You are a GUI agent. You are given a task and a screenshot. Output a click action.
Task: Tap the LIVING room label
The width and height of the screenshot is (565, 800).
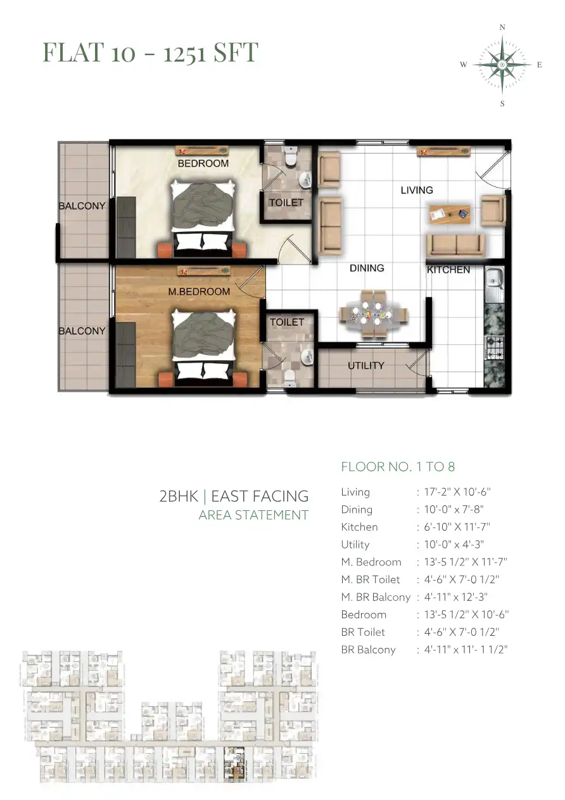[x=417, y=190]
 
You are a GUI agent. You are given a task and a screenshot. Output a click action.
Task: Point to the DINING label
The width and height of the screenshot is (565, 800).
[x=367, y=268]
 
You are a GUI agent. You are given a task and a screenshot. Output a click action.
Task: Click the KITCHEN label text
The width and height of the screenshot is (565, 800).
[x=448, y=269]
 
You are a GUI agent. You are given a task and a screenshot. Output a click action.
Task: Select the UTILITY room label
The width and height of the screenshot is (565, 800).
[x=366, y=365]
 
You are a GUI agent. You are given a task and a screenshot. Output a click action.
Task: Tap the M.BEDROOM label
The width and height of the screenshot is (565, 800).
[x=199, y=292]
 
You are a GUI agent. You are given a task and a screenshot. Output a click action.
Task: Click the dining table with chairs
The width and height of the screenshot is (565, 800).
[x=373, y=314]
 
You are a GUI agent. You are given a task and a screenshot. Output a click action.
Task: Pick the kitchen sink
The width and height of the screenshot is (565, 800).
[x=494, y=285]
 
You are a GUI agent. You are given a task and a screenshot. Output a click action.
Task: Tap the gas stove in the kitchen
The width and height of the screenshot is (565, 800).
[x=494, y=347]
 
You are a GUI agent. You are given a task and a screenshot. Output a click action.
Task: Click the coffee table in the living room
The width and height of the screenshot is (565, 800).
[x=450, y=214]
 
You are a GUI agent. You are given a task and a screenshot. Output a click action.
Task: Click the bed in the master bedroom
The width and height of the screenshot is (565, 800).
[x=203, y=347]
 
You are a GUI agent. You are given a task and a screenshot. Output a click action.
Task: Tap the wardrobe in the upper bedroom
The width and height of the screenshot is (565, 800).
[x=126, y=226]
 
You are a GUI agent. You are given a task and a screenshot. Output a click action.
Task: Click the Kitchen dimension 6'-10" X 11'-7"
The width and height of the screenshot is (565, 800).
[x=457, y=527]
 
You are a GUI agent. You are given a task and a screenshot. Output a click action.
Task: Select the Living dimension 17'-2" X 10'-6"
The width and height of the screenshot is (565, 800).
[x=457, y=492]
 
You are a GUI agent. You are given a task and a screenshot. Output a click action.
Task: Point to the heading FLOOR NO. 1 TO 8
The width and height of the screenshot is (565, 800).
[x=398, y=467]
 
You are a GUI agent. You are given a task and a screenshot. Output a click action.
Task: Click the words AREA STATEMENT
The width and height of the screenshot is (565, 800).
[x=253, y=515]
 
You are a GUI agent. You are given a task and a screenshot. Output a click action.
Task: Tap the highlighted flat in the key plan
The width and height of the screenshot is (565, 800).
[x=234, y=763]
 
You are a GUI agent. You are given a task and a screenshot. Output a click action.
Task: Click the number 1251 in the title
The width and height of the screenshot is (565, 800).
[x=184, y=53]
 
